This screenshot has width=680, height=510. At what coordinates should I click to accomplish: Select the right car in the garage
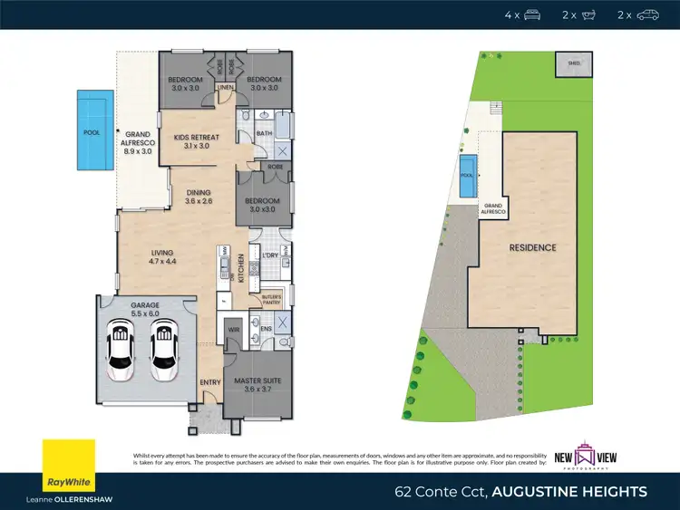pos(164,350)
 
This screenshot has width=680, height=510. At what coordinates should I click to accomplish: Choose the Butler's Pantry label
pos(272,299)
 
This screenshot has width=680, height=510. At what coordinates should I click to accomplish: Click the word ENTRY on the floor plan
pos(210,382)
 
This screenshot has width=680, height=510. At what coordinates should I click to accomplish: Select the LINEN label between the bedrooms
pos(226,88)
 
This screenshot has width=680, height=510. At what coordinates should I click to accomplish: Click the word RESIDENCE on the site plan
pos(532,247)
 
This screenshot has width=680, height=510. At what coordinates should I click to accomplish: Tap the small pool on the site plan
pos(468,184)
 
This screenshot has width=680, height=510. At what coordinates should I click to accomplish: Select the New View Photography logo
pos(598,453)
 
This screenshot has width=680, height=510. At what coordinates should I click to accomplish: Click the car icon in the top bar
pos(647,14)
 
